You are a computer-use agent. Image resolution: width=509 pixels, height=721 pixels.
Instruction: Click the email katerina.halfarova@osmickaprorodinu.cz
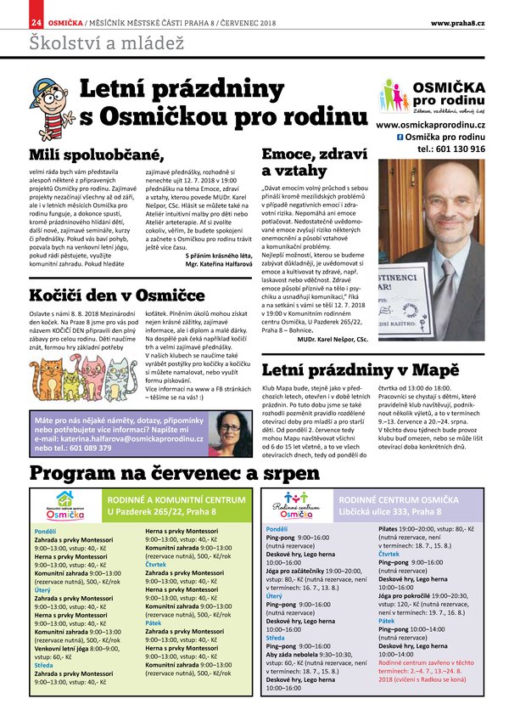(x=130, y=438)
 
